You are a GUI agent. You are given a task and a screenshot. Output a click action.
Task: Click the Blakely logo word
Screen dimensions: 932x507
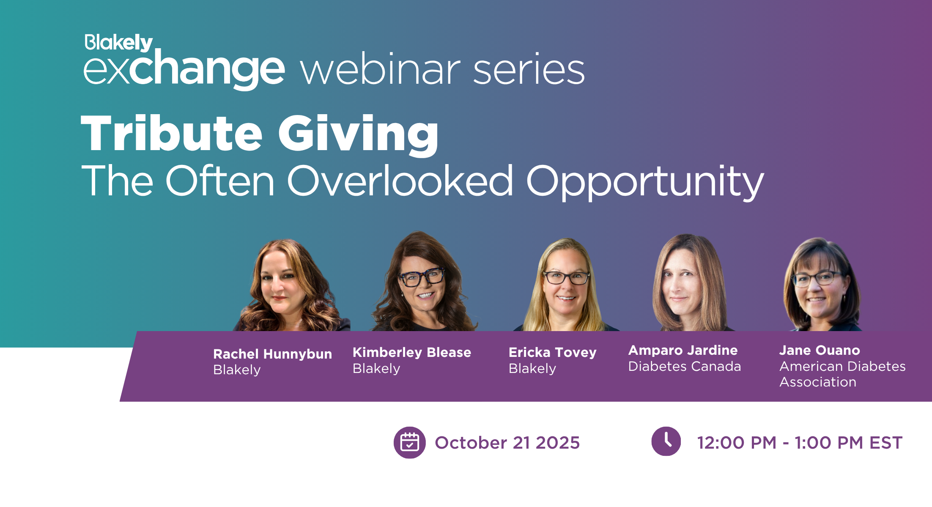point(119,43)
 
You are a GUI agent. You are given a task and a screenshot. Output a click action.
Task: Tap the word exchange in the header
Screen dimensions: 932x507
point(184,69)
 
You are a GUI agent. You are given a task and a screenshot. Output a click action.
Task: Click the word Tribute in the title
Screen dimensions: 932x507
point(172,133)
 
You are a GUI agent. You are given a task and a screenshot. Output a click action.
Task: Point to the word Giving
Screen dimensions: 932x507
point(359,135)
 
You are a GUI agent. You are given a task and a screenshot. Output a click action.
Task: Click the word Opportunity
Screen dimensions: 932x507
point(645,183)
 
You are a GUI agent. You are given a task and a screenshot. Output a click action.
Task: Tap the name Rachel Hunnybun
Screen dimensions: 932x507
point(272,354)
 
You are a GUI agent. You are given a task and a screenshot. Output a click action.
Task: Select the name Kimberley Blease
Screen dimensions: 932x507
point(412,353)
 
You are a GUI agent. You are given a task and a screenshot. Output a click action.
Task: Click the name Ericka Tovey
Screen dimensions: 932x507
point(552,353)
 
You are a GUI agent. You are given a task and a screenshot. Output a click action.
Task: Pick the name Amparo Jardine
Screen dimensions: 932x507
point(683,350)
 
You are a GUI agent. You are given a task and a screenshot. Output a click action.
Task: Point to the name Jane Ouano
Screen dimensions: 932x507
point(820,350)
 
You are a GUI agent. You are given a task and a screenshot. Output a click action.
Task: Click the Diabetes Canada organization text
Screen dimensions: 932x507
point(685,366)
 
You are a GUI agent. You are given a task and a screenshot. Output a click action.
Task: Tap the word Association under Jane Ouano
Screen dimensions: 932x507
point(818,382)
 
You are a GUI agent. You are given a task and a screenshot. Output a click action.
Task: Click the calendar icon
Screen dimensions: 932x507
point(409,442)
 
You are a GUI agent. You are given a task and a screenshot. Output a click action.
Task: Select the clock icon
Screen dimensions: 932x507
point(666,441)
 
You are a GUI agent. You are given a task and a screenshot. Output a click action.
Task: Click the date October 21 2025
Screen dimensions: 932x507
point(507,443)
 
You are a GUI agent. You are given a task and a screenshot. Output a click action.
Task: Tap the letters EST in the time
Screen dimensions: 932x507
point(886,443)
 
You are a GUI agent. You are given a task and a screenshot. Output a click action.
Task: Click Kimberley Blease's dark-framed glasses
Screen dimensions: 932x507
point(422,277)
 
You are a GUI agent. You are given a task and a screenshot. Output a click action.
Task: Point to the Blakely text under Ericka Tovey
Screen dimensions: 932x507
point(532,369)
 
